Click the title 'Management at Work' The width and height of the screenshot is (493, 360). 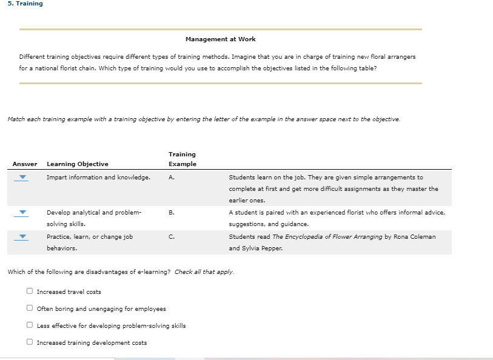220,39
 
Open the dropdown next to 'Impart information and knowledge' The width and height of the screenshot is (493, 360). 22,178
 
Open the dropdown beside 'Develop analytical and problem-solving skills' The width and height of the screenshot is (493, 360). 22,213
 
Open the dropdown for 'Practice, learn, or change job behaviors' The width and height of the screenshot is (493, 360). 22,237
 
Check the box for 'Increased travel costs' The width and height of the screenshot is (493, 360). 29,292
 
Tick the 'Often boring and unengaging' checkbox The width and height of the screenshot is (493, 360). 29,308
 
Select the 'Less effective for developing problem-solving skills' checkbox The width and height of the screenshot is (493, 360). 29,325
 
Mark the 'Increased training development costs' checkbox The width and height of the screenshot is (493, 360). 29,342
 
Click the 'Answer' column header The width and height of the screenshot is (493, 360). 24,164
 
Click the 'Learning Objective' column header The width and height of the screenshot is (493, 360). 78,164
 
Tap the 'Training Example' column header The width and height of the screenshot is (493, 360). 182,159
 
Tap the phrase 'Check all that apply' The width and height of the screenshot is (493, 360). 204,272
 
